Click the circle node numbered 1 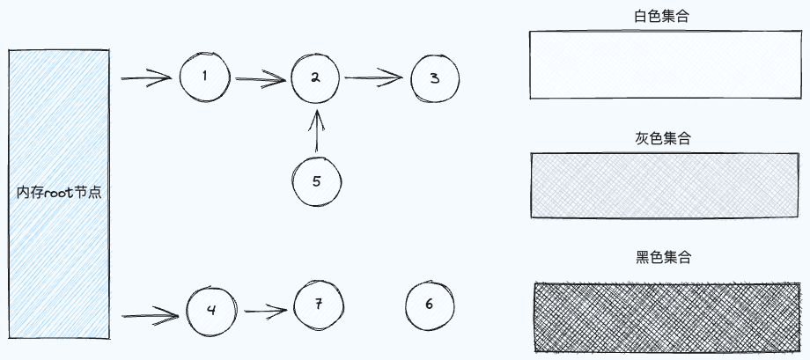tap(204, 76)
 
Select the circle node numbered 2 tap(314, 77)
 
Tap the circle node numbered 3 tap(435, 78)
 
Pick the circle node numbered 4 tap(210, 311)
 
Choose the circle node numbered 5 tap(317, 180)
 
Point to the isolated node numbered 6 tap(430, 305)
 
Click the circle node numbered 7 tap(319, 304)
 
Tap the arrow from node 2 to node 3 tap(376, 78)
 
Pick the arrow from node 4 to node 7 tap(266, 310)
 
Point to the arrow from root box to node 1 tap(145, 79)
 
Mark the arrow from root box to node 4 tap(150, 313)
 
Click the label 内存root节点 tap(59, 192)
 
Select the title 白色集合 tap(661, 16)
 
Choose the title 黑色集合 tap(662, 258)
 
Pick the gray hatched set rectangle tap(665, 185)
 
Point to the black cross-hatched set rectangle tap(668, 315)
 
